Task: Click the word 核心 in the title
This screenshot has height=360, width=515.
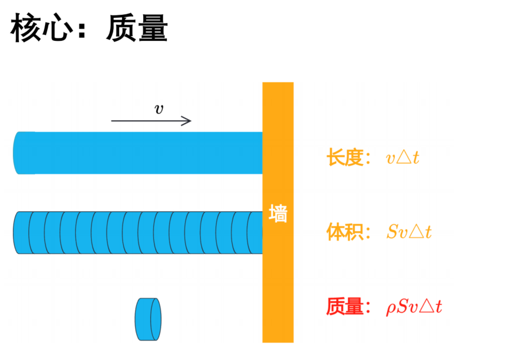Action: point(41,28)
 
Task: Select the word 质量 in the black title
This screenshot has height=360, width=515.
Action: point(137,28)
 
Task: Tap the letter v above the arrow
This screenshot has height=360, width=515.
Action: point(159,109)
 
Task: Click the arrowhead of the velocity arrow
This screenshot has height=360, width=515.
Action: point(186,121)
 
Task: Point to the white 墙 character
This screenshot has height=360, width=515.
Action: point(278,214)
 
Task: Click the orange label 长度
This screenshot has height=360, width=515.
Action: point(345,157)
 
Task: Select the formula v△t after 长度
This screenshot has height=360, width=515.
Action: point(403,157)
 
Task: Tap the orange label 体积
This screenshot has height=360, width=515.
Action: point(345,232)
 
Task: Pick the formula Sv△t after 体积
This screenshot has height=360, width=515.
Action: point(409,232)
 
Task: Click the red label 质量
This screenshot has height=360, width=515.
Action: point(345,307)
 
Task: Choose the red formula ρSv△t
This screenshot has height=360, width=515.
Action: point(414,307)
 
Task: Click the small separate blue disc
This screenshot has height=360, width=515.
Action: point(148,319)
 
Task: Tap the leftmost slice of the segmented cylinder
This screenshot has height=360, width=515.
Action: point(22,233)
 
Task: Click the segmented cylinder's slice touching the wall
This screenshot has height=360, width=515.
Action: point(255,233)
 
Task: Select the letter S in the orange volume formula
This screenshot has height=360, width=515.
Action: point(392,232)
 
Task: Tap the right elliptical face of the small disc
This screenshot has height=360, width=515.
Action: point(156,319)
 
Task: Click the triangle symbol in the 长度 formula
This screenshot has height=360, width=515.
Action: point(404,157)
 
